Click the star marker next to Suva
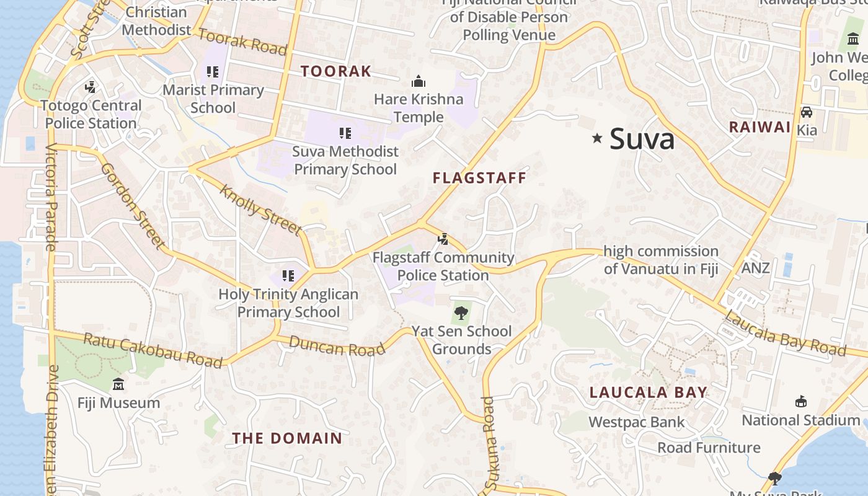(x=597, y=138)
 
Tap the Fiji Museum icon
(x=118, y=384)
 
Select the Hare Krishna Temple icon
(x=418, y=81)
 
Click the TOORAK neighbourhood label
(x=336, y=71)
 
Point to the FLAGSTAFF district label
(x=479, y=178)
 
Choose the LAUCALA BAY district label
(x=648, y=392)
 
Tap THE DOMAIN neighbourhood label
(x=287, y=438)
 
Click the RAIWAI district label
(x=759, y=127)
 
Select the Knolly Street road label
(x=260, y=210)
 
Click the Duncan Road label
(x=337, y=346)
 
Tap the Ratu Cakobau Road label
(x=153, y=350)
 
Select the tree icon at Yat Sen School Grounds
(x=461, y=312)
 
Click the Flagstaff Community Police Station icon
(x=443, y=239)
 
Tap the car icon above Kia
(x=806, y=112)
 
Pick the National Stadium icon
(x=801, y=401)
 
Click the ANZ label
(x=756, y=268)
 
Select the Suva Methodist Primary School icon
(x=345, y=133)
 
